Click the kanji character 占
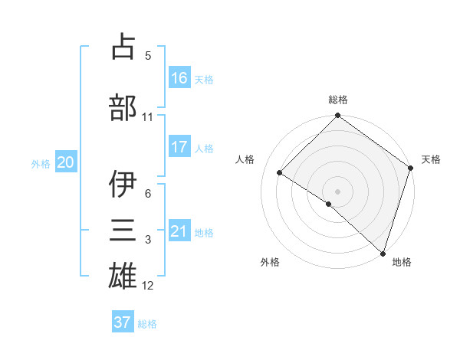(x=123, y=48)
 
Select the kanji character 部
(x=123, y=106)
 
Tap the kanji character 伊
(x=123, y=185)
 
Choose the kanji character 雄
(x=123, y=275)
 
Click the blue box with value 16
(x=179, y=77)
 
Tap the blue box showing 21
(x=179, y=231)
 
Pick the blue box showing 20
(x=66, y=162)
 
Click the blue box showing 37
(x=123, y=322)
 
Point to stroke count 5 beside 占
(x=148, y=56)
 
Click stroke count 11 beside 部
(x=148, y=117)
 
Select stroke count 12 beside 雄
(x=148, y=286)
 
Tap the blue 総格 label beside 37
(x=147, y=324)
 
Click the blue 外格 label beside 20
(x=41, y=163)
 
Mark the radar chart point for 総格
(x=337, y=116)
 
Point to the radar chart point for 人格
(x=280, y=172)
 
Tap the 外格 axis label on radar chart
(x=270, y=262)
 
